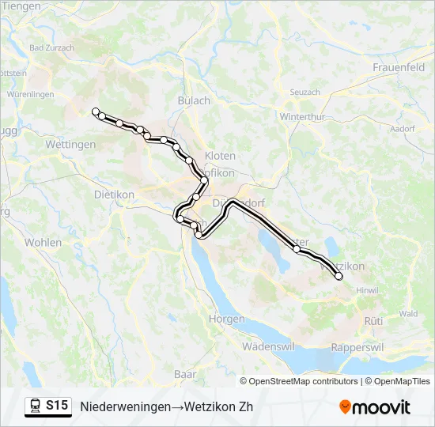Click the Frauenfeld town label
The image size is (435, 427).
(x=400, y=67)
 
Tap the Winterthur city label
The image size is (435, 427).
(x=304, y=117)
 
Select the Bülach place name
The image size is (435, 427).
(x=194, y=100)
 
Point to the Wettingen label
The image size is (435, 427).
(x=70, y=145)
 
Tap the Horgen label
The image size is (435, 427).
(x=226, y=319)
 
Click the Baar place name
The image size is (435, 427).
(x=185, y=373)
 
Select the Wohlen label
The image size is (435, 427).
(x=43, y=242)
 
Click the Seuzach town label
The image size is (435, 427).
(x=304, y=93)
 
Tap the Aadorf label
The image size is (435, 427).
(x=403, y=128)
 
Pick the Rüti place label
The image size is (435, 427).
(x=373, y=320)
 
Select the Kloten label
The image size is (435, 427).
(x=220, y=156)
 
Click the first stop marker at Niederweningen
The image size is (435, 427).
(x=96, y=111)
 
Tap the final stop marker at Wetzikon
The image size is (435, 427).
(x=339, y=276)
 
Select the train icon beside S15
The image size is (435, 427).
(x=35, y=406)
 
